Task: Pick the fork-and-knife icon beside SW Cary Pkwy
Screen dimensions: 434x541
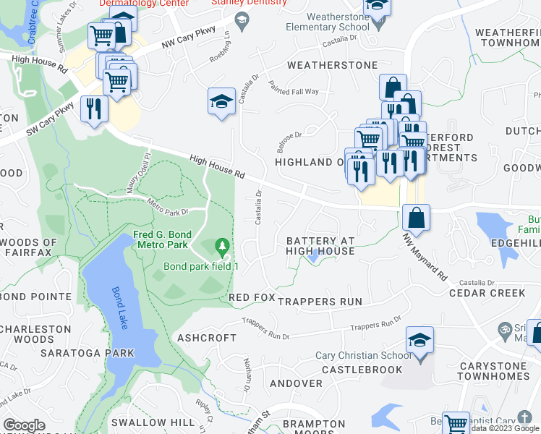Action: [x=94, y=109]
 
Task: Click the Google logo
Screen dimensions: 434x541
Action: [x=24, y=425]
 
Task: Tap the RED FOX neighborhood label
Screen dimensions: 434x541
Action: [x=252, y=298]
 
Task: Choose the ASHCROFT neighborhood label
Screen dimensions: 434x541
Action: [x=207, y=338]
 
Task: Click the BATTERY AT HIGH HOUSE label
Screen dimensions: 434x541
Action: [x=320, y=246]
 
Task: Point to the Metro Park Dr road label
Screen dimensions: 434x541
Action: [x=167, y=206]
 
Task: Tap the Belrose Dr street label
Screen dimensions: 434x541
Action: [x=288, y=139]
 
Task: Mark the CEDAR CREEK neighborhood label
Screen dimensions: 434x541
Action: [x=487, y=293]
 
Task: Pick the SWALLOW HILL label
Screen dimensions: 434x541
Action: [x=152, y=422]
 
